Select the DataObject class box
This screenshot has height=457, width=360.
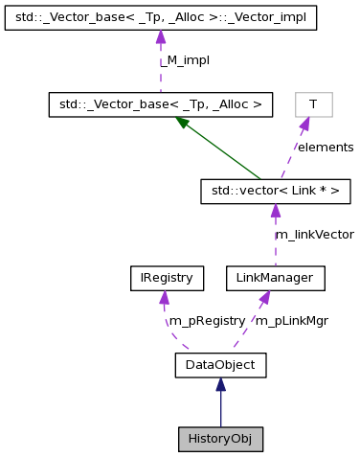click(x=220, y=364)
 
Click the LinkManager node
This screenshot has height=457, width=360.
click(x=275, y=279)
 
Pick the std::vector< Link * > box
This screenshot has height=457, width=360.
click(x=275, y=192)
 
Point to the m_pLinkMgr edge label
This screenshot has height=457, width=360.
click(x=292, y=321)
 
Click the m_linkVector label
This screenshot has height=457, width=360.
click(x=314, y=234)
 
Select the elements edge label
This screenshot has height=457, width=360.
click(x=325, y=148)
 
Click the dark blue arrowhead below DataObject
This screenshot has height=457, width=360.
click(x=220, y=384)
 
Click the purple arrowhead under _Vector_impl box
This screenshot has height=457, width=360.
click(x=161, y=37)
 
